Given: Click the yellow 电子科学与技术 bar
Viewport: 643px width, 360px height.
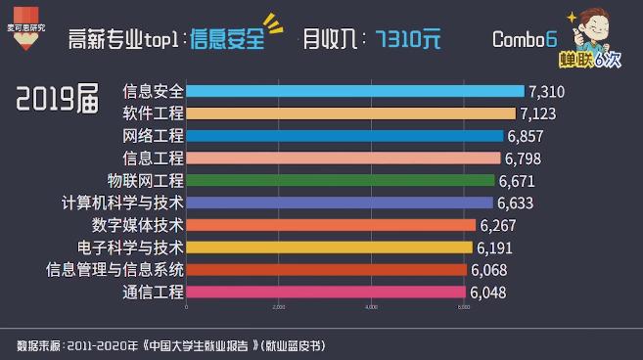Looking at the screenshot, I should coord(328,247).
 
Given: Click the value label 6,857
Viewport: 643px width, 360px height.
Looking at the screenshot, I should coord(525,136).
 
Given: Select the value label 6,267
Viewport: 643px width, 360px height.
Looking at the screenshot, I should coord(498,225).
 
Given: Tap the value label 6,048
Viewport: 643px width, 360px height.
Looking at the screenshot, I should coord(488,292).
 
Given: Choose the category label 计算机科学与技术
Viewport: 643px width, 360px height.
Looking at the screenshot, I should coord(122,202).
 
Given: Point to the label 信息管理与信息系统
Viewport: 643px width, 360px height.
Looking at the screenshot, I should coord(115,269).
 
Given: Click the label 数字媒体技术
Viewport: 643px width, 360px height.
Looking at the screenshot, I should coord(138,225).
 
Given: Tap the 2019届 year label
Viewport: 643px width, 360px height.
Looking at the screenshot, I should coord(58,98).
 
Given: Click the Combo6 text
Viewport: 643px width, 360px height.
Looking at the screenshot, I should coord(524,39).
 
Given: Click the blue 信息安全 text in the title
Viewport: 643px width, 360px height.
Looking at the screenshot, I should coord(227,40).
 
